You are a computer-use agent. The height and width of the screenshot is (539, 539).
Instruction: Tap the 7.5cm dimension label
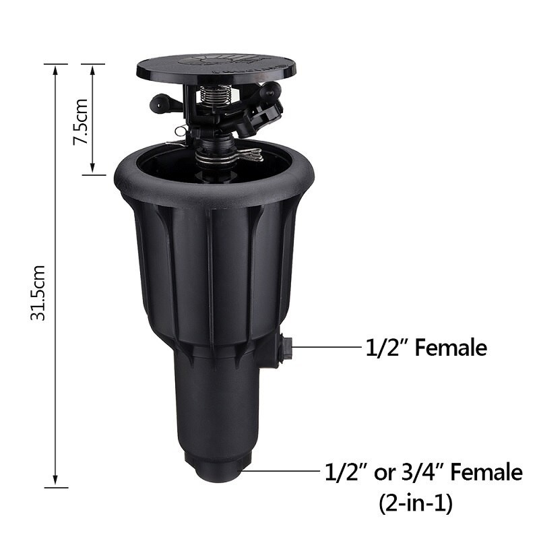pyautogui.click(x=81, y=121)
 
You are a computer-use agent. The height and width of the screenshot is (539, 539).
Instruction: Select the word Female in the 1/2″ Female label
pyautogui.click(x=451, y=348)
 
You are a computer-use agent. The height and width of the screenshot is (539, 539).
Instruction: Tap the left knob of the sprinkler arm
pyautogui.click(x=159, y=103)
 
